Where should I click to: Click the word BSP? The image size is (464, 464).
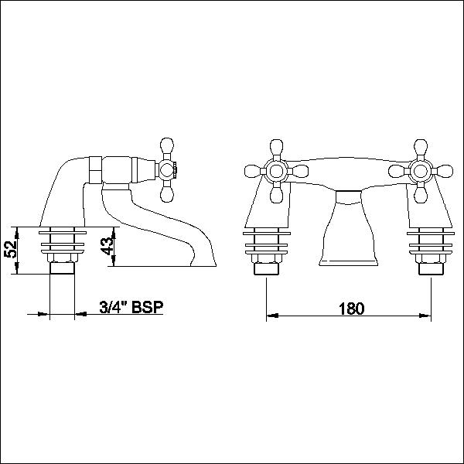(148, 308)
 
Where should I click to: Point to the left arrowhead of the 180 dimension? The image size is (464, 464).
(270, 316)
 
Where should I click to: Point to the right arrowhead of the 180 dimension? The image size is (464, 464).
(427, 316)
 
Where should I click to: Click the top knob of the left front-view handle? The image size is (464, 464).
(277, 146)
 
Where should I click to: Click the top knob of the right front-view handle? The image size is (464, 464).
(421, 146)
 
